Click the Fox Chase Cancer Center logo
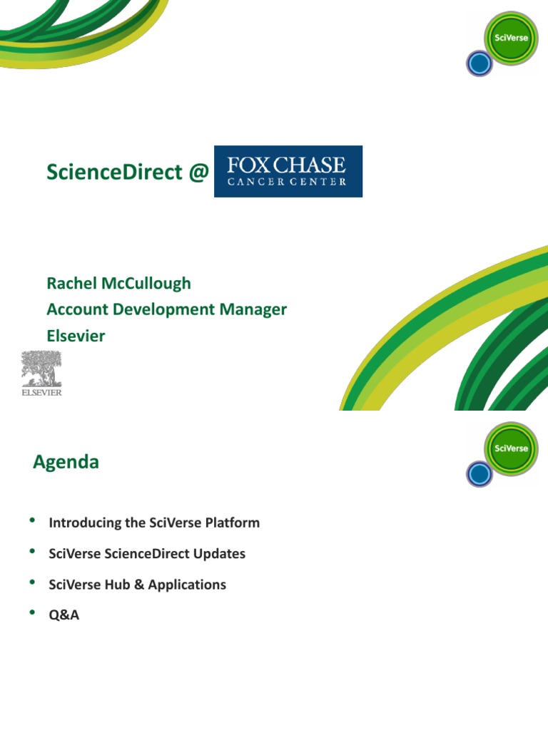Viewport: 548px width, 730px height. point(288,171)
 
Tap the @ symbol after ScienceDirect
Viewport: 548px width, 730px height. point(198,173)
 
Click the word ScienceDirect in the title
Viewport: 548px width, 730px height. point(114,171)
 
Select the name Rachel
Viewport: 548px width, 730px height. point(72,283)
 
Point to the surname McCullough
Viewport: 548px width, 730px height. point(146,284)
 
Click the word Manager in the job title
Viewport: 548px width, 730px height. point(253,309)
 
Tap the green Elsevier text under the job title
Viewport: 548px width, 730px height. point(76,336)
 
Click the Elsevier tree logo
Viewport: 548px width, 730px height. point(41,374)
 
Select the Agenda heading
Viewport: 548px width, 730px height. point(66,462)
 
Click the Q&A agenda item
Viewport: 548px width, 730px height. point(64,615)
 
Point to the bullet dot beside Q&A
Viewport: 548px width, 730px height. point(32,612)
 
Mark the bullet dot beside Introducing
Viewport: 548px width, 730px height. point(32,520)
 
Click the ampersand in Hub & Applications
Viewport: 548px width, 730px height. point(139,585)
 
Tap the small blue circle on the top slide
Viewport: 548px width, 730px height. point(479,63)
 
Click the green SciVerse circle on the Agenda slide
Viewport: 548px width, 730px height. point(511,448)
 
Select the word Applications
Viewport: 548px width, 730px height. point(187,585)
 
